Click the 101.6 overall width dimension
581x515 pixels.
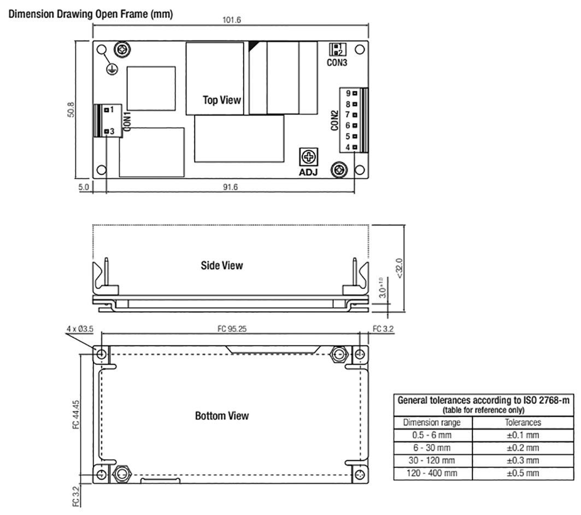pyautogui.click(x=231, y=20)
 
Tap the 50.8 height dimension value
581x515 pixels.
pyautogui.click(x=71, y=110)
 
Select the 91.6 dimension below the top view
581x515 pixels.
pyautogui.click(x=230, y=187)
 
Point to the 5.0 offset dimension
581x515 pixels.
pyautogui.click(x=84, y=187)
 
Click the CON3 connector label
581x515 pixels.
pyautogui.click(x=337, y=63)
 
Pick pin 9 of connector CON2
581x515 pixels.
pyautogui.click(x=355, y=93)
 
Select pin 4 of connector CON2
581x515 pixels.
pyautogui.click(x=355, y=148)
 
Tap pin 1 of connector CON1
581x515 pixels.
pyautogui.click(x=107, y=110)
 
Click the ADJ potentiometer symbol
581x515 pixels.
pyautogui.click(x=308, y=157)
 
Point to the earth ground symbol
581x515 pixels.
pyautogui.click(x=112, y=69)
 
